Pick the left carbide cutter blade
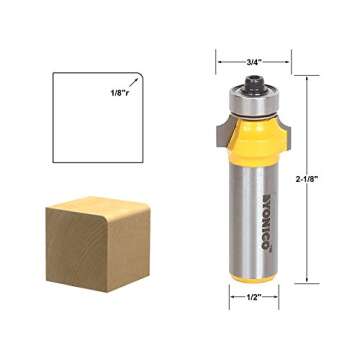213,129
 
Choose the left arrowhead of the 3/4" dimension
218,59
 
